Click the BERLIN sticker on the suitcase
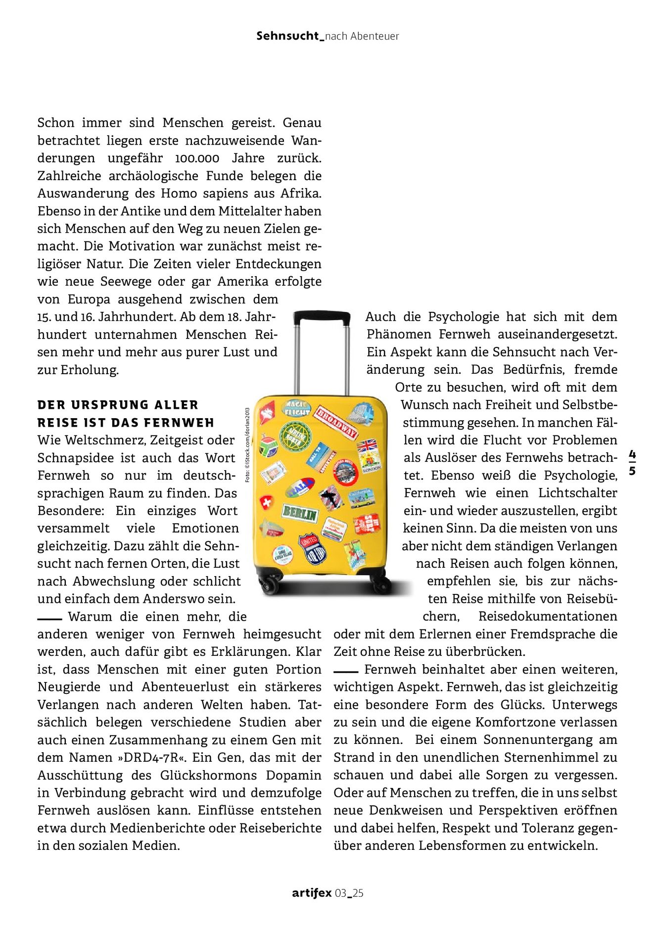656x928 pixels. pyautogui.click(x=299, y=513)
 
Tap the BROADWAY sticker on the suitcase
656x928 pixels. pyautogui.click(x=336, y=422)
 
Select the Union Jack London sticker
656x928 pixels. pyautogui.click(x=369, y=454)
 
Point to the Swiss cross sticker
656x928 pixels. pyautogui.click(x=267, y=503)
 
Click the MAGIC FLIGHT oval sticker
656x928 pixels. pyautogui.click(x=297, y=408)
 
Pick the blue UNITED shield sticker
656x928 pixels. pyautogui.click(x=312, y=547)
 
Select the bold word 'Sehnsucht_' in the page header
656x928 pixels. pyautogui.click(x=290, y=36)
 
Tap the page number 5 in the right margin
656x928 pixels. pyautogui.click(x=632, y=471)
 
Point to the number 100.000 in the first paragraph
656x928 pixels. pyautogui.click(x=197, y=158)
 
